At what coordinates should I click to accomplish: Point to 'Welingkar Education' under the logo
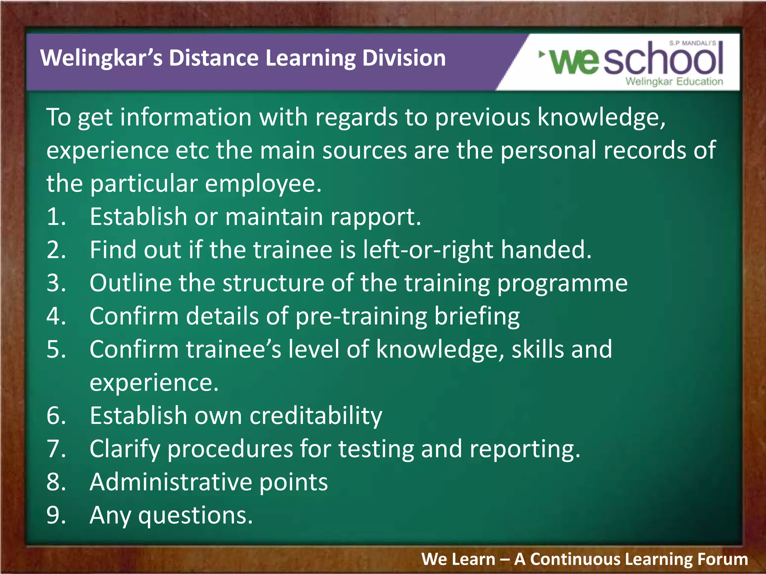674,81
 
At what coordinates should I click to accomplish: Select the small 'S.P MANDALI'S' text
693,43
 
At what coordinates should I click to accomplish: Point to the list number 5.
56,350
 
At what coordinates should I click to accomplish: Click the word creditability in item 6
316,416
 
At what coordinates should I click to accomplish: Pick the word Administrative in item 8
170,482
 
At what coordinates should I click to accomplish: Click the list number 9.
56,515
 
